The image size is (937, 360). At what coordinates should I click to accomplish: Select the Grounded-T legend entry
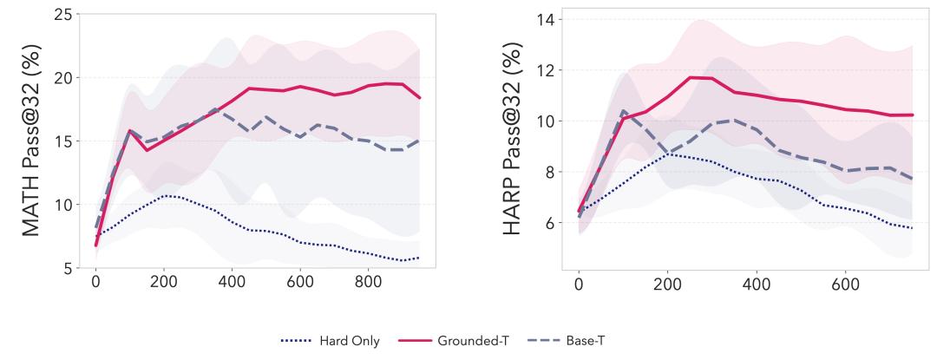tap(464, 341)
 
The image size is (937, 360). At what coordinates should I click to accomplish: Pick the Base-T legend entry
tap(578, 341)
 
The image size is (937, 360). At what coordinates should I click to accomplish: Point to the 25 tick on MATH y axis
tap(62, 14)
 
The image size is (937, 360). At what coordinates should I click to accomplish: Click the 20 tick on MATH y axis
tap(62, 77)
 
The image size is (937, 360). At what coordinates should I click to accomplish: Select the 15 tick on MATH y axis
tap(62, 141)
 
